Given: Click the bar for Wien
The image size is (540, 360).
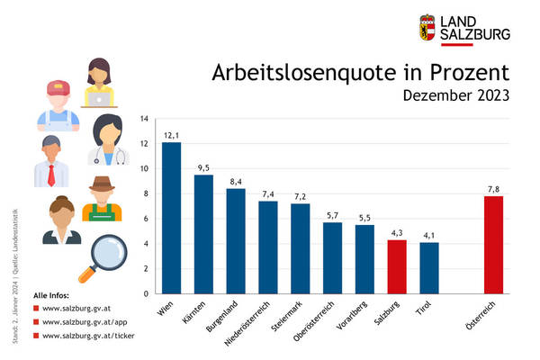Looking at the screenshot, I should (x=171, y=218).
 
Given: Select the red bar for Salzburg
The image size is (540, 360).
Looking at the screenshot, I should (x=398, y=266).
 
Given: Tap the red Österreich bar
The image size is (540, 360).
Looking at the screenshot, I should (x=493, y=245).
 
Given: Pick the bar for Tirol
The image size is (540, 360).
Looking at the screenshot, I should (x=429, y=267).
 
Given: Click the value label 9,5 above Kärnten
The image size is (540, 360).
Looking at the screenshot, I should (x=203, y=167).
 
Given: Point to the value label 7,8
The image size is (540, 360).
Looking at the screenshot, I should (x=493, y=189).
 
